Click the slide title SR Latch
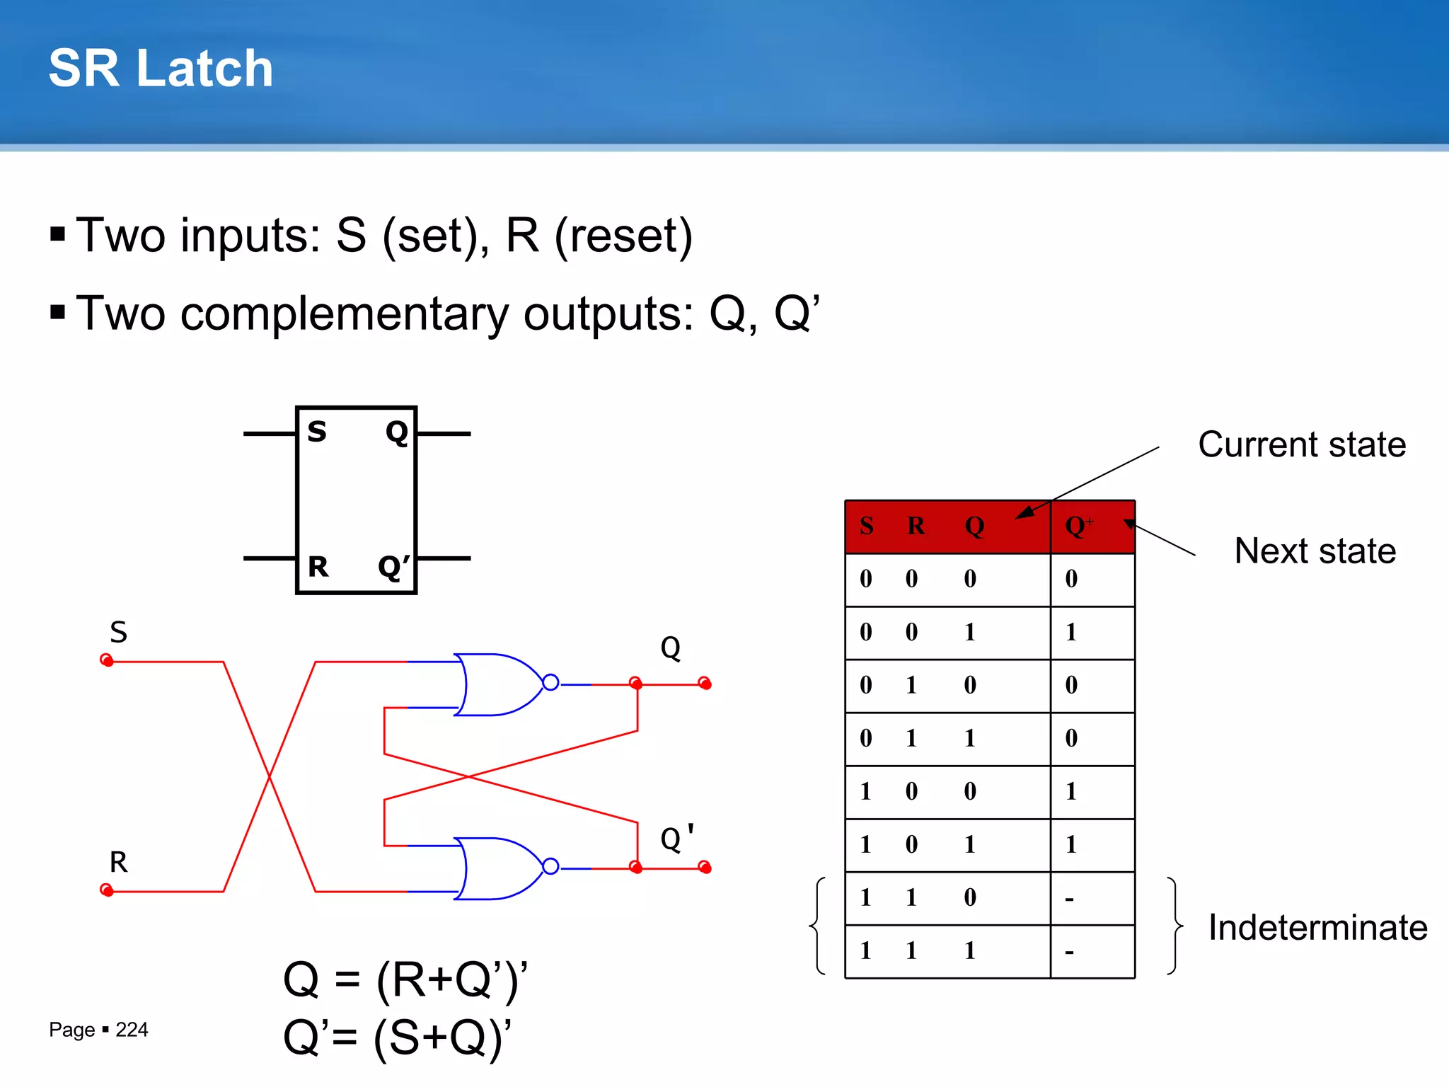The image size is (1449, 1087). pyautogui.click(x=161, y=69)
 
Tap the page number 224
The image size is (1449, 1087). pyautogui.click(x=132, y=1030)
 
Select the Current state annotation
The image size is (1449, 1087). pyautogui.click(x=1302, y=445)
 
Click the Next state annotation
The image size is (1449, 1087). pyautogui.click(x=1315, y=551)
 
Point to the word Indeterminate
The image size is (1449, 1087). pyautogui.click(x=1317, y=928)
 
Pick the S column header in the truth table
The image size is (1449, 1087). pyautogui.click(x=867, y=526)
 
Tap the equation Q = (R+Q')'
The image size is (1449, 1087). pyautogui.click(x=405, y=980)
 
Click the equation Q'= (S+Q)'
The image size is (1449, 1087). pyautogui.click(x=397, y=1038)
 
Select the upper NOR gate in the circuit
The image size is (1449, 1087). pyautogui.click(x=499, y=684)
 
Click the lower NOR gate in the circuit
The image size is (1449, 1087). pyautogui.click(x=499, y=868)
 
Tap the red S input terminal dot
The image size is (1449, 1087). pyautogui.click(x=107, y=660)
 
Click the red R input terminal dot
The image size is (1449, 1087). pyautogui.click(x=107, y=890)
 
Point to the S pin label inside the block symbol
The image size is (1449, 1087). pyautogui.click(x=317, y=432)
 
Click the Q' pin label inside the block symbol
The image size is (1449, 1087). pyautogui.click(x=393, y=567)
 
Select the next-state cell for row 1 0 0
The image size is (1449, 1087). pyautogui.click(x=1072, y=791)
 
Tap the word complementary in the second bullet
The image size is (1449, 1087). pyautogui.click(x=345, y=314)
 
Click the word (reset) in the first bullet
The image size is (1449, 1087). pyautogui.click(x=623, y=236)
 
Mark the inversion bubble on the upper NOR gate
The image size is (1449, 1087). pyautogui.click(x=550, y=683)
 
